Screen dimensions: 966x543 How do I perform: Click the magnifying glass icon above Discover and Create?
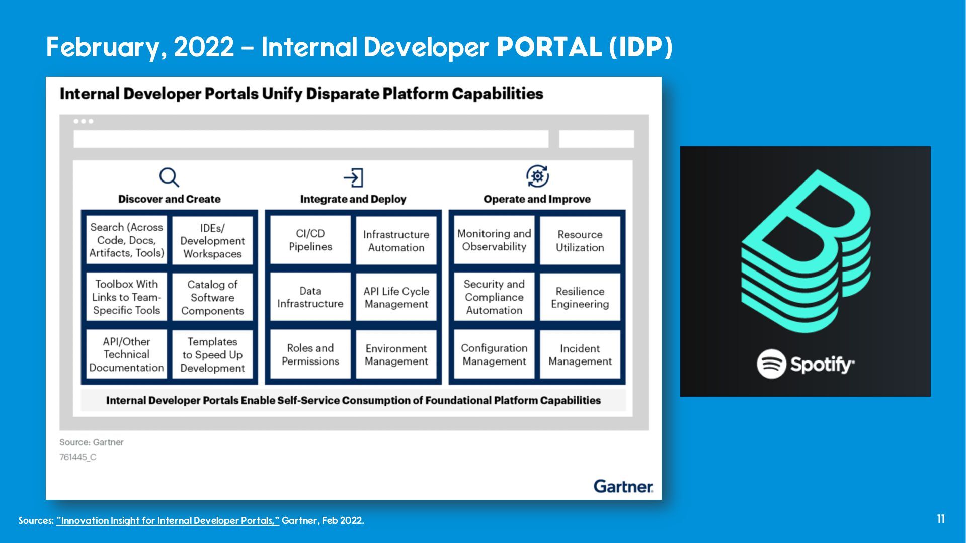click(x=169, y=177)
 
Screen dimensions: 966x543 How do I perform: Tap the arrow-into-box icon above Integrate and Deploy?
click(x=353, y=177)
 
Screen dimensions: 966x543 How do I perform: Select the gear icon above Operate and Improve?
click(x=537, y=176)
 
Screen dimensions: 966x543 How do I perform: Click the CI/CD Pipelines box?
click(x=310, y=240)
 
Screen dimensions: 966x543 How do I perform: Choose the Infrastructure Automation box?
click(x=396, y=241)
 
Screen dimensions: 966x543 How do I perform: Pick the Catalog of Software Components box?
click(x=212, y=297)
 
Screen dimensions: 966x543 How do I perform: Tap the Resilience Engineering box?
click(x=580, y=297)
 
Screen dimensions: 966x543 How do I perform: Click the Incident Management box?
click(x=580, y=354)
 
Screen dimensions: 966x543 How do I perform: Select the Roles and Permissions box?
click(x=310, y=354)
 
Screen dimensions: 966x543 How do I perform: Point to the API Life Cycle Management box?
click(x=396, y=297)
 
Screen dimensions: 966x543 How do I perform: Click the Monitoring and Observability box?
click(x=494, y=240)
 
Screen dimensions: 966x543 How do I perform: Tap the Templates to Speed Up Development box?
click(x=212, y=354)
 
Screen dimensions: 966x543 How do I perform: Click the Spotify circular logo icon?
click(x=771, y=364)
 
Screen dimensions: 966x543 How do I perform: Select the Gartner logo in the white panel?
click(x=623, y=486)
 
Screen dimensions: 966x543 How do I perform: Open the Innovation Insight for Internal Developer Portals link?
click(x=168, y=520)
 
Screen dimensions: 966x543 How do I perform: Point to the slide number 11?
click(x=941, y=519)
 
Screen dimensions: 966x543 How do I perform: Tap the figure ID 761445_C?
click(x=78, y=457)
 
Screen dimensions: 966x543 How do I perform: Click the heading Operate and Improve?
click(x=537, y=199)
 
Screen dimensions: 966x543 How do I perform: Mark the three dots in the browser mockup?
click(x=84, y=121)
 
